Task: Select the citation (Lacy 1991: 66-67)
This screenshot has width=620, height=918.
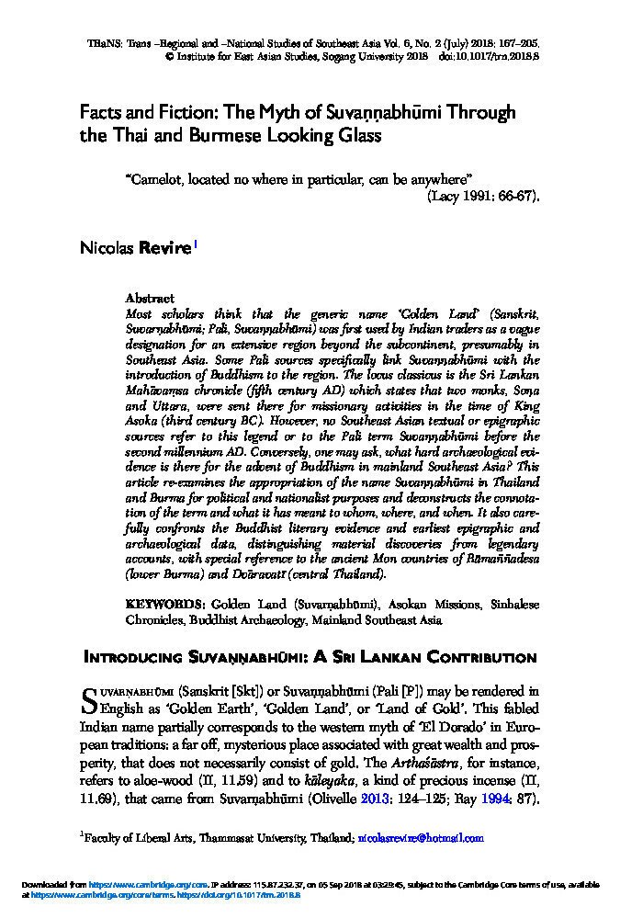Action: (483, 196)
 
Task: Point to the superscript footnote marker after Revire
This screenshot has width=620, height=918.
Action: (195, 244)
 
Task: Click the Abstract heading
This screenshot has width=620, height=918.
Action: (149, 300)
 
